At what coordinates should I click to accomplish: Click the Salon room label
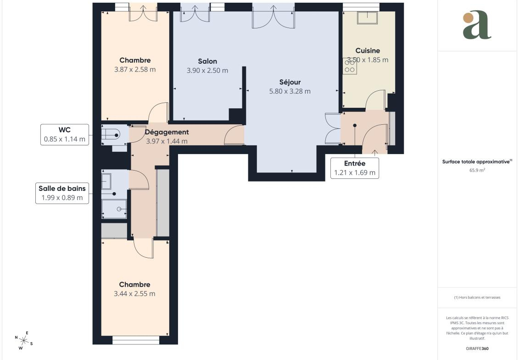click(x=207, y=61)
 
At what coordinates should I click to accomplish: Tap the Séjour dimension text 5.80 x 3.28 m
click(x=290, y=91)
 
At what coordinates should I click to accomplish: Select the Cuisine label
click(x=368, y=50)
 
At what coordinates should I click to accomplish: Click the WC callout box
click(x=65, y=134)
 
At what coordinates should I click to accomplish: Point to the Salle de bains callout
click(x=62, y=193)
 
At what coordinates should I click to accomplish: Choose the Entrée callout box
click(x=355, y=168)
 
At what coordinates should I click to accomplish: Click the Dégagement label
click(x=167, y=132)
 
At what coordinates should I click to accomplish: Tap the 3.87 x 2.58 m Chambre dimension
click(x=135, y=70)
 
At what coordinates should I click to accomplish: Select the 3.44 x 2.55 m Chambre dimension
click(x=135, y=294)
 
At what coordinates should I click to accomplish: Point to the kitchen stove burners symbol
click(x=350, y=66)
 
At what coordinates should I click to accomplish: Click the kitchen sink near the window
click(x=367, y=18)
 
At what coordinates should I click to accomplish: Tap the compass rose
click(x=23, y=340)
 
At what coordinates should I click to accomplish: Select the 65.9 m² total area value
click(x=477, y=171)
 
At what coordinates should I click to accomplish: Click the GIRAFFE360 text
click(x=477, y=349)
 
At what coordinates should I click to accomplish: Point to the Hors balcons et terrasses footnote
click(x=477, y=298)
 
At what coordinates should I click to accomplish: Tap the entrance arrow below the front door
click(x=375, y=153)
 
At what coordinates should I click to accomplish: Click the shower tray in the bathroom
click(x=114, y=209)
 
